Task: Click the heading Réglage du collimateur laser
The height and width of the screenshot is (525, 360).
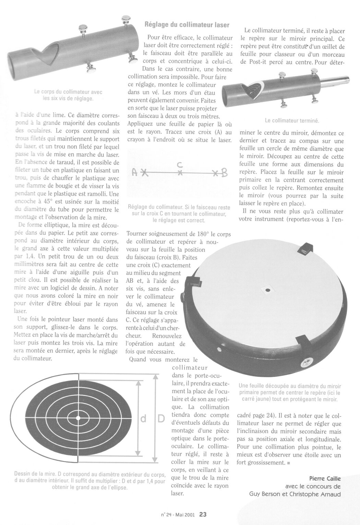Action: click(187, 25)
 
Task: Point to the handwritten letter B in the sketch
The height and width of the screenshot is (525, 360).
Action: click(225, 173)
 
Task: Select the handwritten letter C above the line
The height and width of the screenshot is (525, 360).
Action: click(180, 165)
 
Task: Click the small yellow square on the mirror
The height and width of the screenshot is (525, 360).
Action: click(266, 290)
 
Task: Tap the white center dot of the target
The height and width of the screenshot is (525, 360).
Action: click(78, 418)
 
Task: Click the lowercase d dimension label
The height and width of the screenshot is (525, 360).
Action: click(144, 418)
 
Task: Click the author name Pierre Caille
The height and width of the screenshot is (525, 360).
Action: click(325, 479)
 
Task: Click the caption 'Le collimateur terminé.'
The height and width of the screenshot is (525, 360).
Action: click(292, 121)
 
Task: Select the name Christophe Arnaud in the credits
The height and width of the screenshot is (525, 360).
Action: click(321, 493)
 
